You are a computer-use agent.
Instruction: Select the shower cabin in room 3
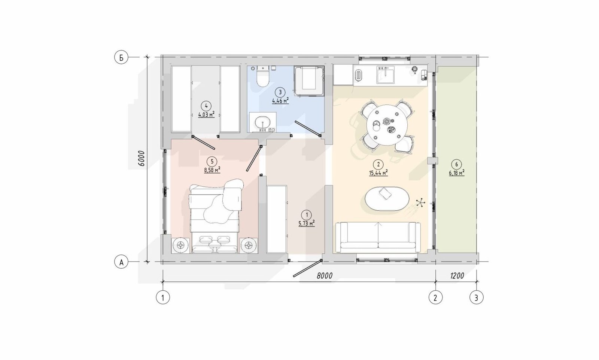pos(309,80)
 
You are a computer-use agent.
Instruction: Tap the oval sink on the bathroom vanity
pos(263,123)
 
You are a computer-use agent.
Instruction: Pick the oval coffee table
pos(387,199)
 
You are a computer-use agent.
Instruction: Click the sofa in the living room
pos(378,237)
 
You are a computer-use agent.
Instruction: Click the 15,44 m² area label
pos(378,173)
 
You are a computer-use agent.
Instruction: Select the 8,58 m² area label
pos(212,170)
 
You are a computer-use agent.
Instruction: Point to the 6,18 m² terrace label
pos(456,173)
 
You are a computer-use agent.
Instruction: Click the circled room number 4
pos(206,106)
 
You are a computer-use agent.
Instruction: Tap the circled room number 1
pos(307,215)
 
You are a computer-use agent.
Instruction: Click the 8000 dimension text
pos(324,276)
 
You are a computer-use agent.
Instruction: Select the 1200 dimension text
pos(457,276)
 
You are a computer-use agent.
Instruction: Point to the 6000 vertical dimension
pos(142,159)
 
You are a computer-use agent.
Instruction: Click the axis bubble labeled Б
pos(121,58)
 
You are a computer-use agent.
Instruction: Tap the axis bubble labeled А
pos(121,262)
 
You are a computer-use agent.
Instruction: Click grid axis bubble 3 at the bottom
pos(476,298)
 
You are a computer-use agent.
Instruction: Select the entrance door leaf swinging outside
pos(307,268)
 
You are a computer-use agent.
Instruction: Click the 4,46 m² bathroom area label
pos(280,101)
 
